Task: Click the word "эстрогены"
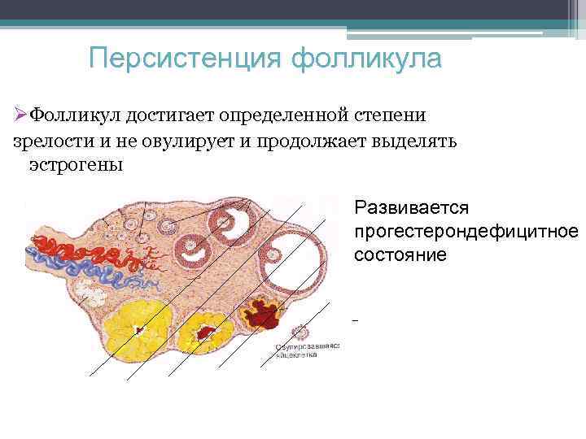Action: [x=76, y=165]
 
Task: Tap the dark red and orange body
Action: [x=263, y=314]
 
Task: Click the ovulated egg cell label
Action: [x=308, y=350]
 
